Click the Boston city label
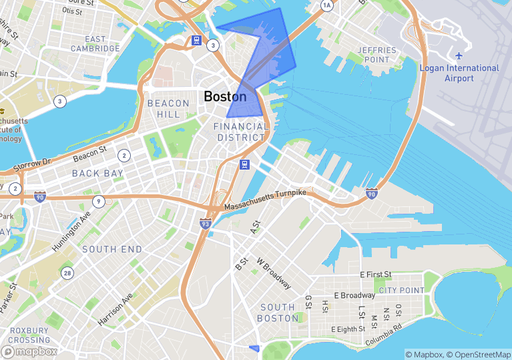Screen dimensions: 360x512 tap(225, 97)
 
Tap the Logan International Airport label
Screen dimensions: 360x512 tap(459, 73)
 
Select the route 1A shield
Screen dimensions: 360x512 tap(326, 5)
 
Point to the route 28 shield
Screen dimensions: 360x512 tap(67, 273)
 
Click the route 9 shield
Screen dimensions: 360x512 tap(99, 201)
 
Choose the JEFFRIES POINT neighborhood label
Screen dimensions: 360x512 tap(377, 55)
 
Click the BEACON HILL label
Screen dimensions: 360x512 tap(164, 109)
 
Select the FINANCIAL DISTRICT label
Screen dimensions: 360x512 tap(241, 132)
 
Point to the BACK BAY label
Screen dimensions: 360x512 tap(98, 173)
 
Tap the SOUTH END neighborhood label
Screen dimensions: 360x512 tap(112, 249)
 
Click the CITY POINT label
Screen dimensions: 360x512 tap(401, 290)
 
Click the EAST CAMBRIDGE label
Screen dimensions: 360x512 tap(96, 43)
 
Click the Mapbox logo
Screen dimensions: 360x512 tap(29, 351)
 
